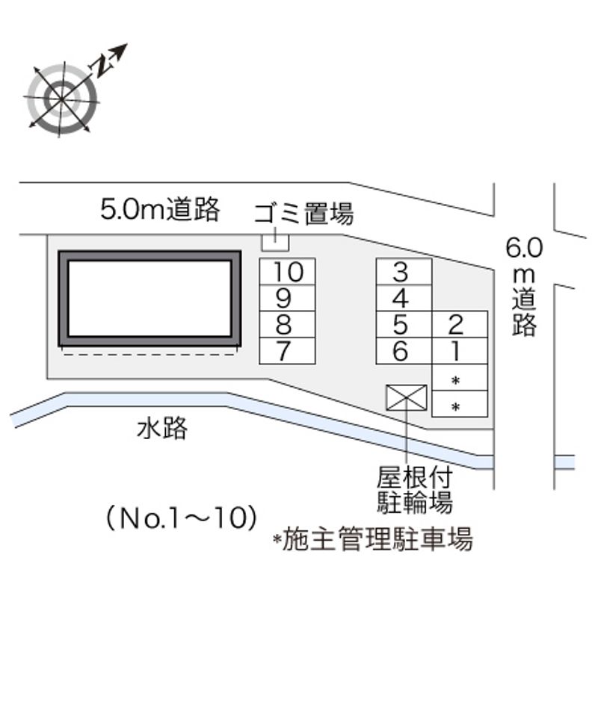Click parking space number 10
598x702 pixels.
coord(287,271)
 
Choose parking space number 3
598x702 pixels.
coord(404,272)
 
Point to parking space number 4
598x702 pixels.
coord(404,298)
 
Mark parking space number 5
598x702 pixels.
coord(404,325)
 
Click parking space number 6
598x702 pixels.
coord(404,351)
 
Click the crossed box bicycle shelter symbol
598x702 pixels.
coord(406,397)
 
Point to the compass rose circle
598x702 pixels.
coord(61,98)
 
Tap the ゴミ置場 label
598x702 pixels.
coord(303,214)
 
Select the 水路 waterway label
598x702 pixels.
coord(162,429)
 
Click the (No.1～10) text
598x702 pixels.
coord(182,517)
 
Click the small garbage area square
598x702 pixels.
coord(274,241)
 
